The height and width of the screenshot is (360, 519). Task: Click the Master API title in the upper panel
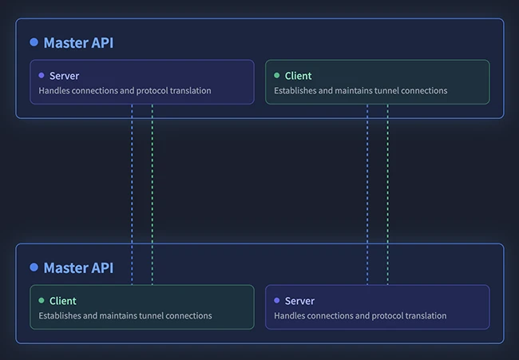[x=78, y=43]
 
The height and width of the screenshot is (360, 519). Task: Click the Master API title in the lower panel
[x=78, y=268]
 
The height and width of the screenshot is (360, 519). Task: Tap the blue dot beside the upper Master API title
[x=34, y=42]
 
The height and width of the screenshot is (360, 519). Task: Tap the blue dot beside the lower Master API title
[x=34, y=267]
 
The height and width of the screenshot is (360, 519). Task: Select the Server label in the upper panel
[x=64, y=76]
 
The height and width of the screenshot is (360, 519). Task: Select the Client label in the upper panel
[x=298, y=76]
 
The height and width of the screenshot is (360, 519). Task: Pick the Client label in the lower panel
[x=62, y=301]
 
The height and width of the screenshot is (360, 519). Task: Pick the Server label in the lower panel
[x=299, y=301]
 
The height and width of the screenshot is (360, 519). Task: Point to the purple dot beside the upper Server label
[x=42, y=76]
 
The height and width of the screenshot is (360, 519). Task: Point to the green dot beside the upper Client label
[x=277, y=76]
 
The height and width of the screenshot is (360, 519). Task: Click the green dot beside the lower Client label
[x=42, y=301]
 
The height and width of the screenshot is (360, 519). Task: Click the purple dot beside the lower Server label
[x=277, y=301]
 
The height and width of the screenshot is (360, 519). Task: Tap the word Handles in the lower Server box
[x=291, y=316]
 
